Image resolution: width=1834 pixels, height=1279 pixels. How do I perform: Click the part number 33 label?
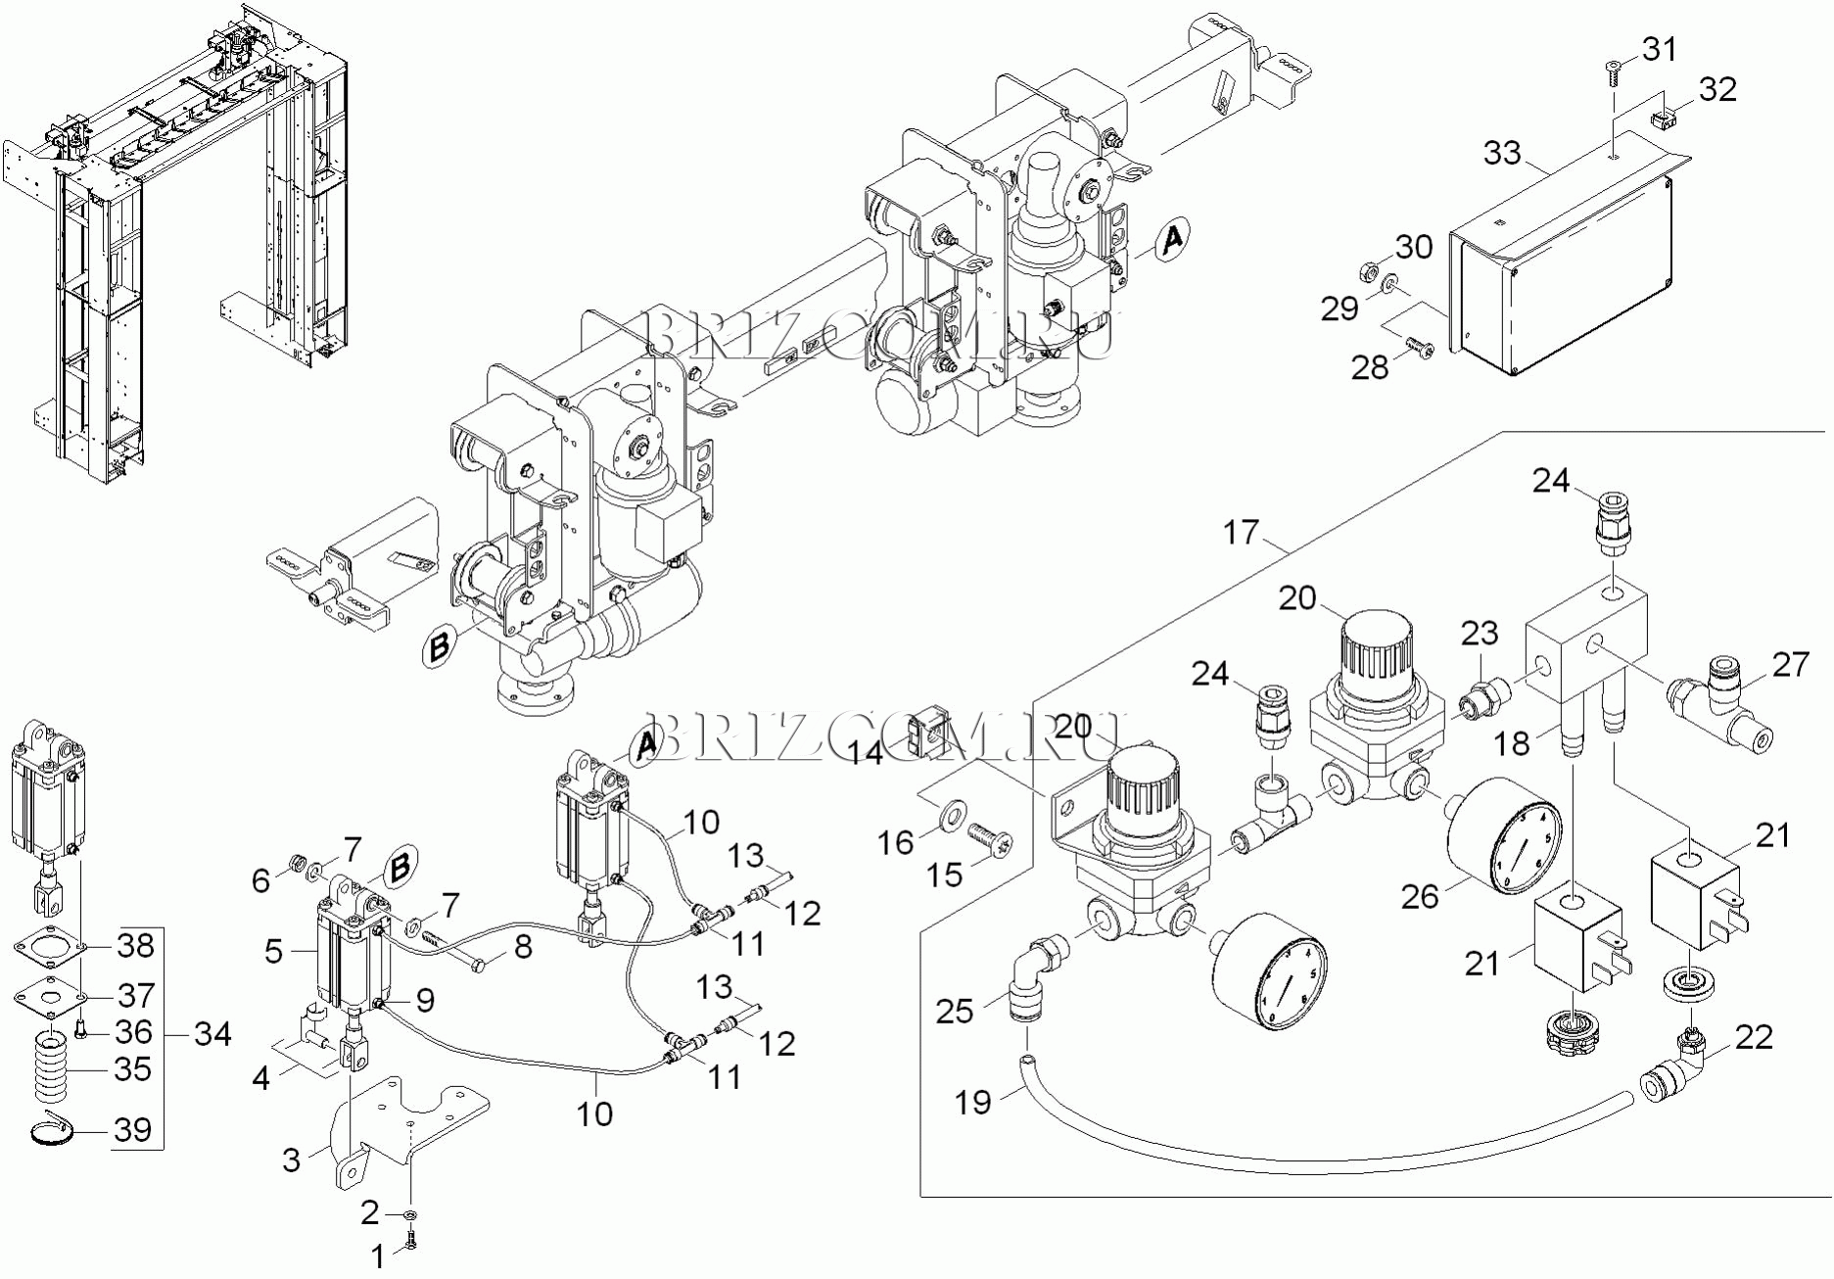pyautogui.click(x=1502, y=154)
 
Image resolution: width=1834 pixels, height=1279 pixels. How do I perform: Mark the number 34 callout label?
pyautogui.click(x=212, y=1033)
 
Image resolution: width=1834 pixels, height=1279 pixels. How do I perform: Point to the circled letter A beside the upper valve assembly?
pyautogui.click(x=1171, y=238)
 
